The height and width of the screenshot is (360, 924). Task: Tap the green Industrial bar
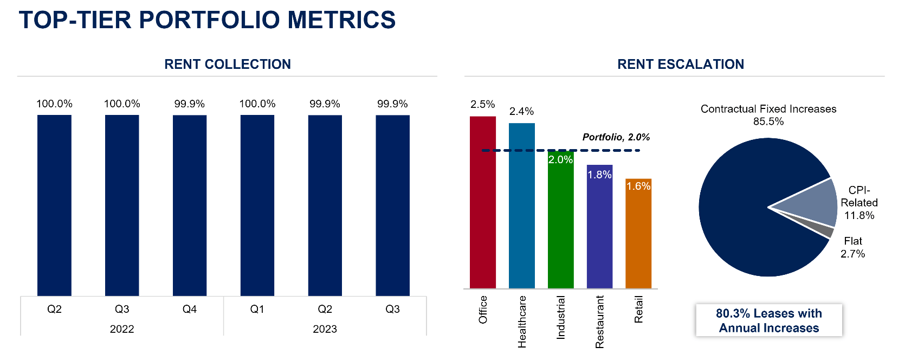click(x=560, y=228)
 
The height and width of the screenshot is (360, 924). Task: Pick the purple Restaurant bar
click(x=599, y=233)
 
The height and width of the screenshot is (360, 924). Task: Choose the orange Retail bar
click(x=638, y=239)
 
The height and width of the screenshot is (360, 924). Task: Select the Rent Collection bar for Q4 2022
click(x=190, y=206)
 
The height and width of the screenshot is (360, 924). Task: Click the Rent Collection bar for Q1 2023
click(x=257, y=206)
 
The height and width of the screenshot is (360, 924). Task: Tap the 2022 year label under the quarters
click(x=122, y=329)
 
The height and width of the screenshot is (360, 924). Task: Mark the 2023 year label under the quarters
click(x=325, y=329)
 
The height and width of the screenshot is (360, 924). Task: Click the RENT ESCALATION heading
click(x=681, y=65)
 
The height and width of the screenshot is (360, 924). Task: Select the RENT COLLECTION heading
click(x=228, y=65)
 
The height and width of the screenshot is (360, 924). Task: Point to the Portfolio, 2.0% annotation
click(x=616, y=137)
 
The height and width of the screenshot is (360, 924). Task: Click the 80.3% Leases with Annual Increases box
click(x=769, y=320)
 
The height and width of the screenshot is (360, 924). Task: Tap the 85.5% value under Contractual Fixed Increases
click(x=768, y=121)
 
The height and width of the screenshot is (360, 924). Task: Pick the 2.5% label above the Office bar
click(x=482, y=104)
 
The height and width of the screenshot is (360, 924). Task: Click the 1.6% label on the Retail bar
click(x=638, y=186)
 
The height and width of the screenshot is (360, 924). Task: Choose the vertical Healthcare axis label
click(x=522, y=322)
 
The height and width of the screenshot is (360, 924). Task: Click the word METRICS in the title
click(x=342, y=20)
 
